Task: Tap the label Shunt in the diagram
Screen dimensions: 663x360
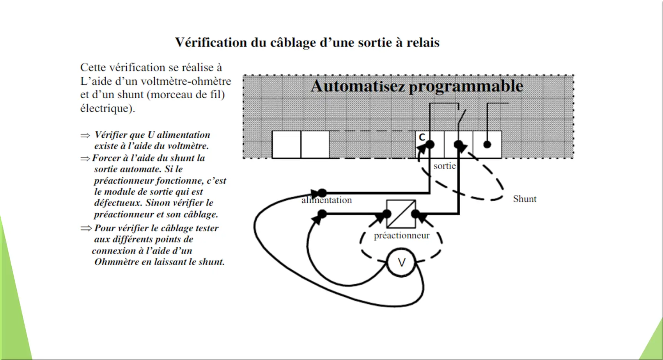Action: click(x=525, y=199)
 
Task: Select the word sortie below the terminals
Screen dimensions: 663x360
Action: click(x=445, y=166)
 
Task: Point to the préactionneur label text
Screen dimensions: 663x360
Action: click(x=402, y=236)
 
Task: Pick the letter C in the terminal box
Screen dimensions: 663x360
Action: click(x=422, y=137)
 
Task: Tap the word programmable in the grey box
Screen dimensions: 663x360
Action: click(x=466, y=87)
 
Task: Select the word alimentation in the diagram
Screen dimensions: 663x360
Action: click(x=326, y=200)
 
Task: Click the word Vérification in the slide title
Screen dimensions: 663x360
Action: click(x=211, y=43)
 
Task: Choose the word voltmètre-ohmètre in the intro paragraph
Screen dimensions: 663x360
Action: click(x=186, y=81)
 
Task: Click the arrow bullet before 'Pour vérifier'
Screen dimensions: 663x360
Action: click(x=86, y=228)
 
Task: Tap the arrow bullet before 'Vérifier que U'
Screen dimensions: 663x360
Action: click(x=85, y=136)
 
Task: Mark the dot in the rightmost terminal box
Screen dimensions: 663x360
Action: click(x=487, y=144)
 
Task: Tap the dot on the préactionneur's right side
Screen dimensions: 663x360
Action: click(x=416, y=214)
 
